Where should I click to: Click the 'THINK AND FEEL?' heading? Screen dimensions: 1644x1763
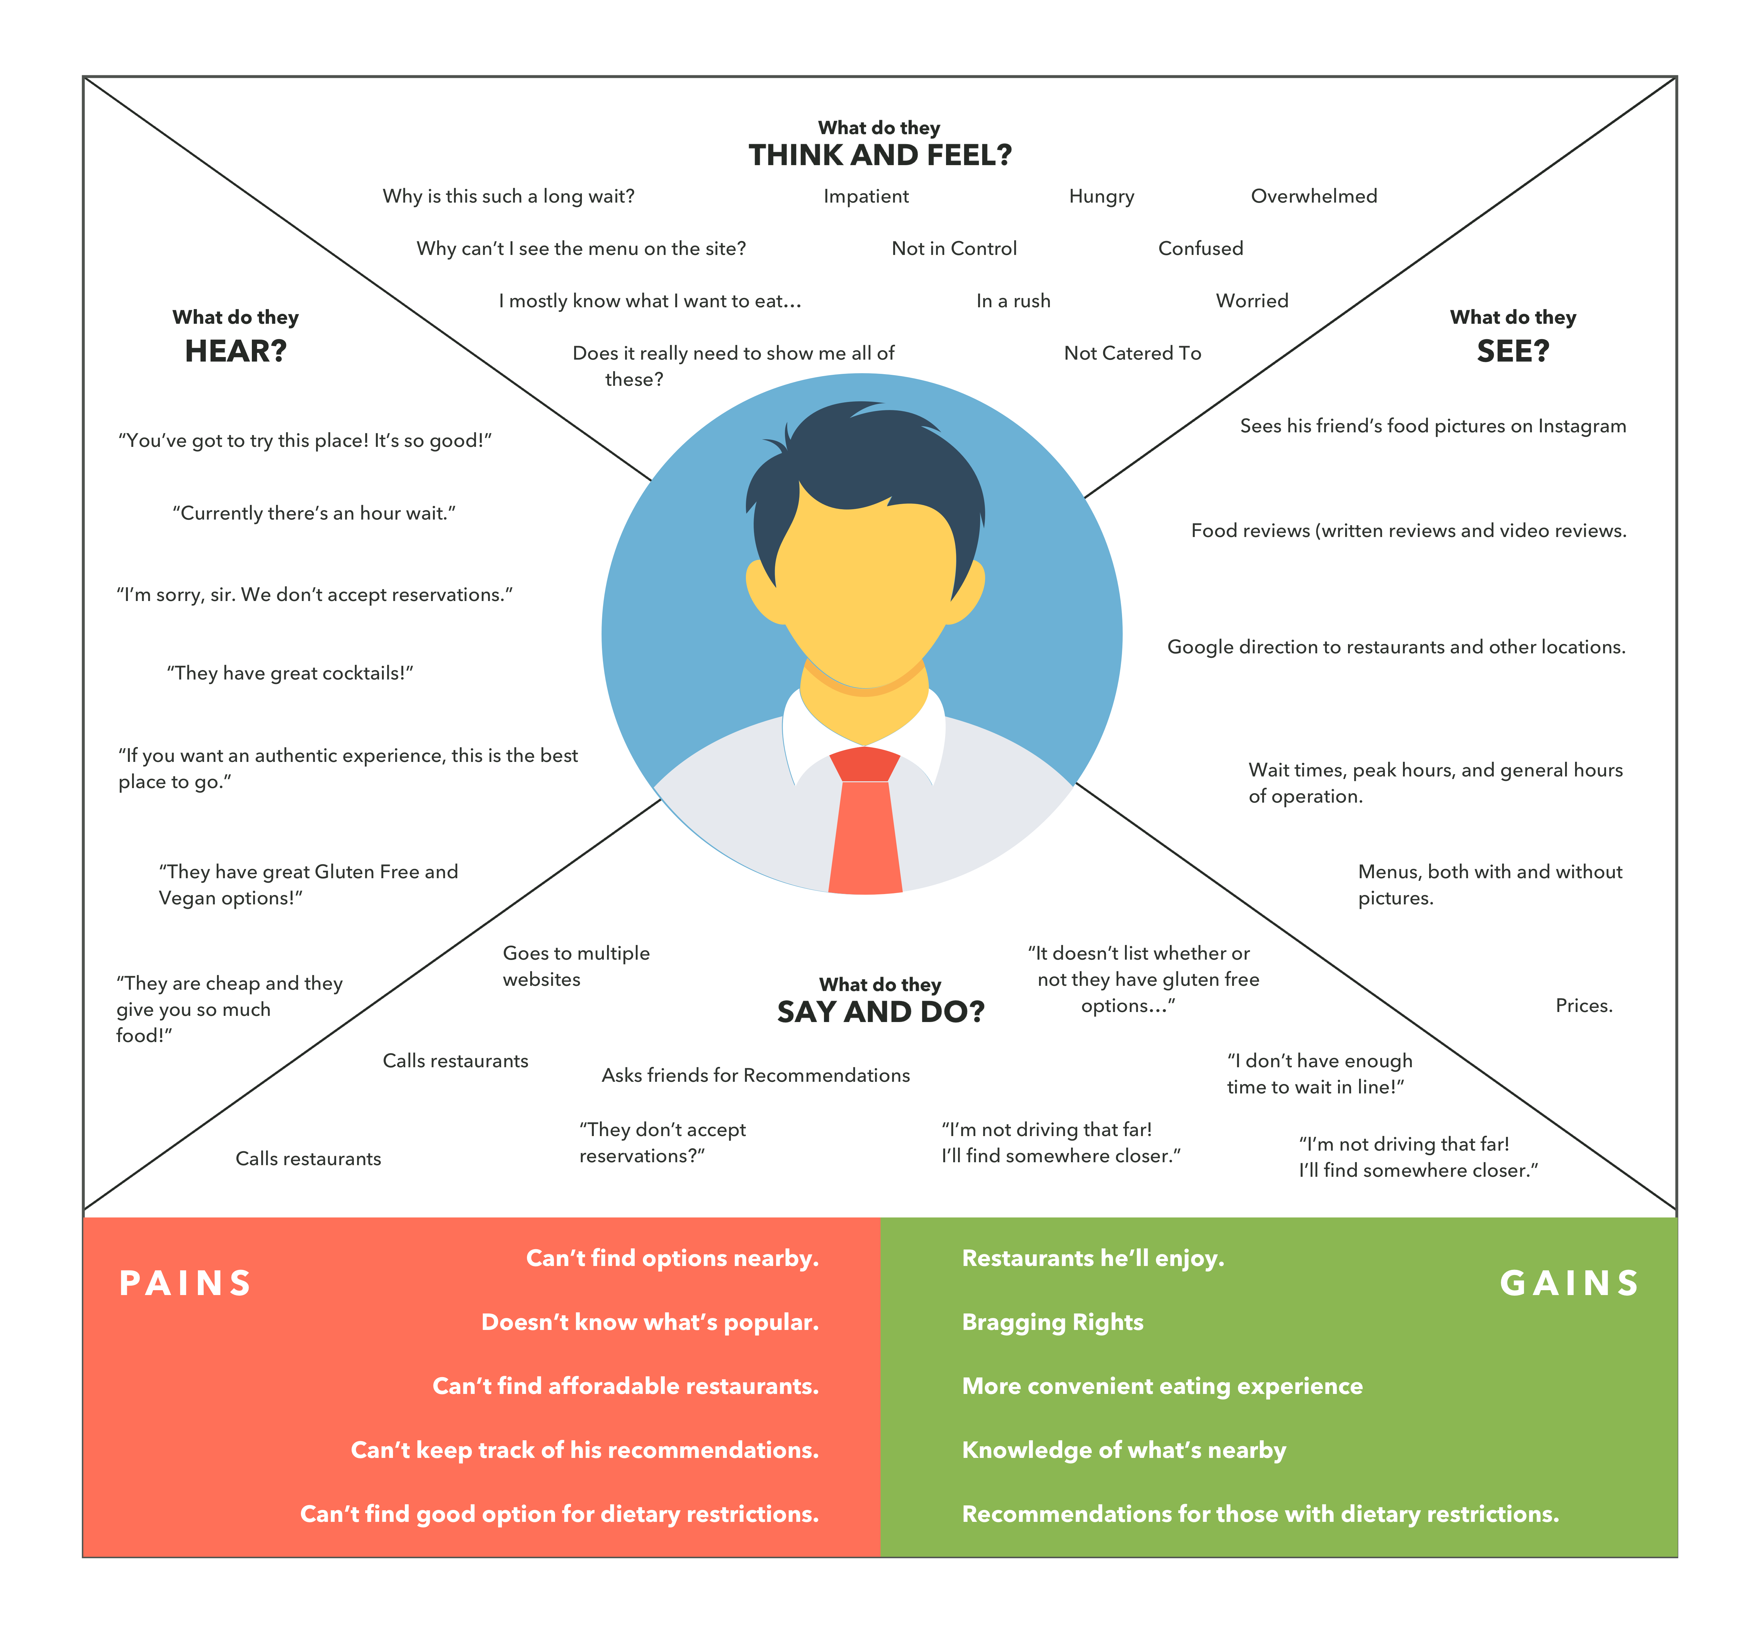[x=880, y=155]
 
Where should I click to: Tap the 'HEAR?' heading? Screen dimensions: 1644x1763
[x=236, y=351]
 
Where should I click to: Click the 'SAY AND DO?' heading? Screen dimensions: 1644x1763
[x=881, y=1011]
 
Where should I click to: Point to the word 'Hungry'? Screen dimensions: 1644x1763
[x=1101, y=196]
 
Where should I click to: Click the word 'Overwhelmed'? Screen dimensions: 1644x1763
[x=1314, y=196]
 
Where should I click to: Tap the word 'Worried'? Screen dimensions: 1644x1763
[x=1251, y=301]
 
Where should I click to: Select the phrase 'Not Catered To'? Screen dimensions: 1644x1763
[x=1132, y=353]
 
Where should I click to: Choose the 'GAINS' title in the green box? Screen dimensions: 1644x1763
[x=1570, y=1283]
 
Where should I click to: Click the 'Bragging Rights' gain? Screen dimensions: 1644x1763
[x=1053, y=1322]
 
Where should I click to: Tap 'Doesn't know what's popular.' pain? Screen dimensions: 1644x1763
[x=650, y=1322]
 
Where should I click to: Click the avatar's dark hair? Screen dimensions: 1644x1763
[x=865, y=461]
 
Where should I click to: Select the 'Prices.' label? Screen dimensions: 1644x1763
[x=1584, y=1005]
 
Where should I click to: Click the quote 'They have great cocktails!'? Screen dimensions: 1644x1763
[x=290, y=673]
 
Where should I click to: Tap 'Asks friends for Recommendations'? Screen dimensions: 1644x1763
[x=756, y=1075]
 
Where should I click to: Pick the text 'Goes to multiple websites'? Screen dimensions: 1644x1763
[x=575, y=966]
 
